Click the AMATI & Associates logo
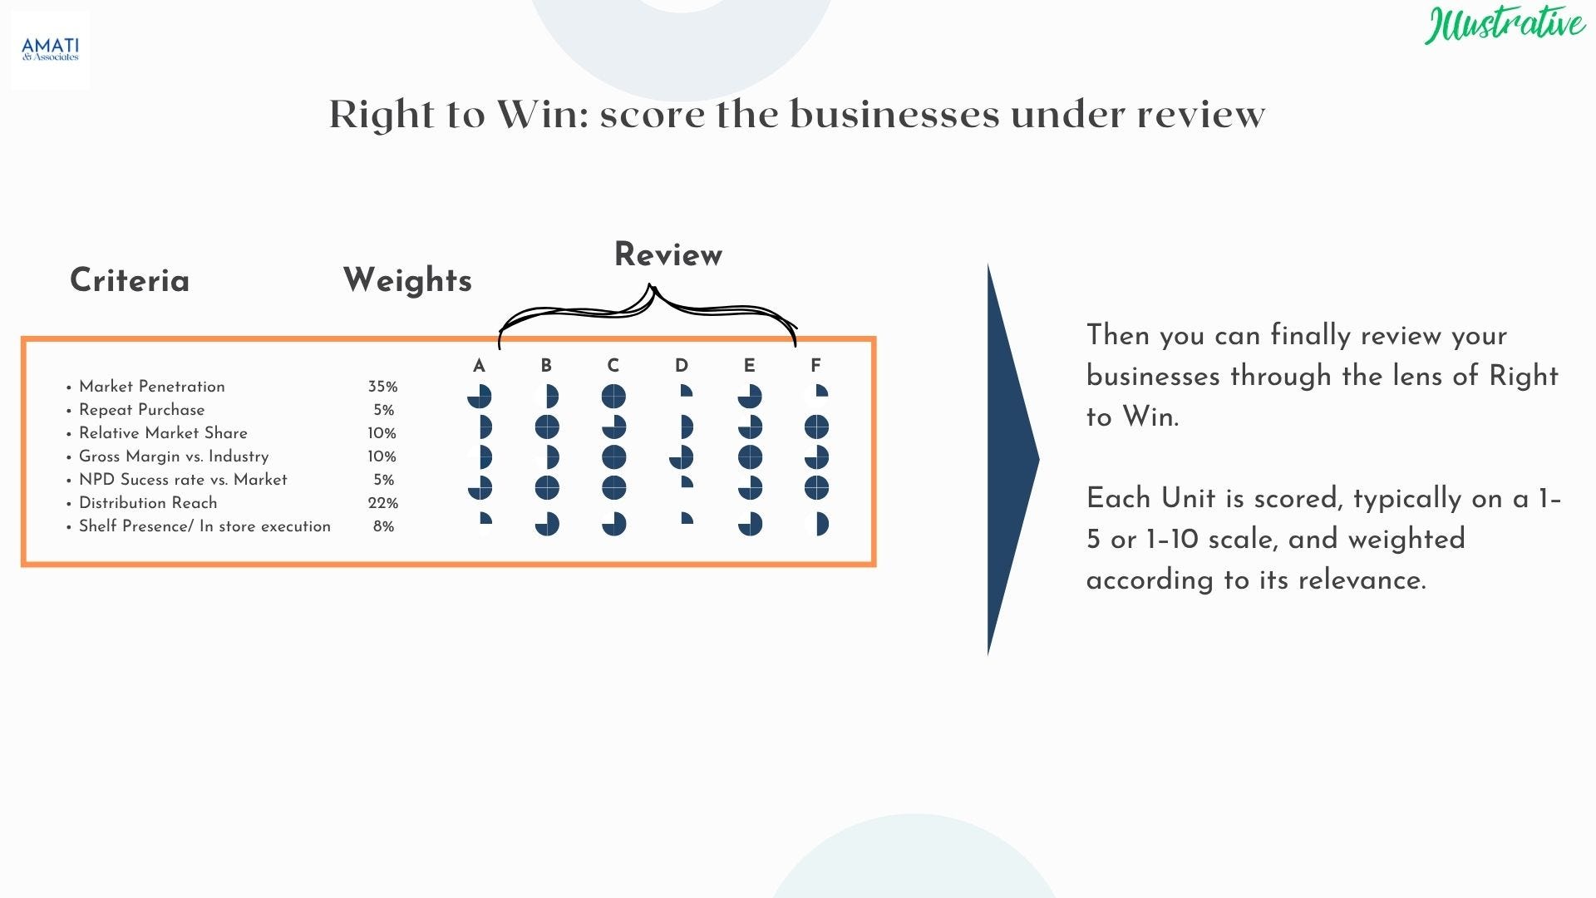pyautogui.click(x=50, y=50)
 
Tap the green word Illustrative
pyautogui.click(x=1505, y=25)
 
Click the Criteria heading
pyautogui.click(x=130, y=280)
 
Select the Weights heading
pyautogui.click(x=407, y=280)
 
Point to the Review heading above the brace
pyautogui.click(x=668, y=254)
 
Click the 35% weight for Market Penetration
pyautogui.click(x=382, y=387)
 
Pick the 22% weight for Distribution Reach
pyautogui.click(x=382, y=503)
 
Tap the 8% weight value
pyautogui.click(x=383, y=526)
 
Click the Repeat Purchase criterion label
pyautogui.click(x=141, y=410)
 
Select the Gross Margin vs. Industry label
pyautogui.click(x=174, y=456)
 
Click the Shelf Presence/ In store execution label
pyautogui.click(x=204, y=526)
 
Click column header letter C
pyautogui.click(x=613, y=366)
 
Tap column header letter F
pyautogui.click(x=815, y=366)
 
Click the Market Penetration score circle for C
pyautogui.click(x=613, y=397)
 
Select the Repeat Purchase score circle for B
pyautogui.click(x=547, y=427)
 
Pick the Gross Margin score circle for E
pyautogui.click(x=750, y=457)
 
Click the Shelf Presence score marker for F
pyautogui.click(x=822, y=524)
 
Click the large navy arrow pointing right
pyautogui.click(x=1013, y=460)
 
